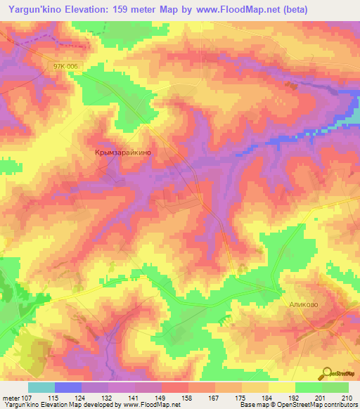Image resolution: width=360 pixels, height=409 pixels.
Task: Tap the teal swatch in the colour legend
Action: [41, 387]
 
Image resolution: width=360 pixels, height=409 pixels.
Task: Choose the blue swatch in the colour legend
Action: [68, 387]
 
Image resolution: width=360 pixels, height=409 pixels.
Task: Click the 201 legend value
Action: [322, 398]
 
